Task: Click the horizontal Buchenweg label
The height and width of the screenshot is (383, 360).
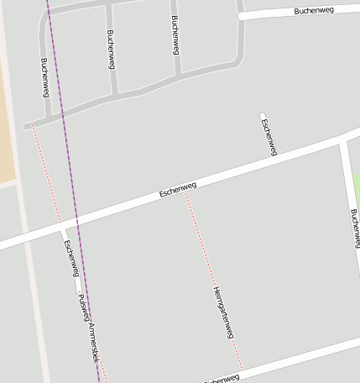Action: [x=315, y=11]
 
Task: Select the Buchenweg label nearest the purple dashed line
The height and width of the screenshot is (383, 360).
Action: [x=44, y=76]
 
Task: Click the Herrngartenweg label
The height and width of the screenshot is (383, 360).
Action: [x=222, y=312]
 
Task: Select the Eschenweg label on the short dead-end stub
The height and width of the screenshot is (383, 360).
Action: [x=269, y=137]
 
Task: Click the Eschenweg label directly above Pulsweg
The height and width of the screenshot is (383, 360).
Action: [x=71, y=258]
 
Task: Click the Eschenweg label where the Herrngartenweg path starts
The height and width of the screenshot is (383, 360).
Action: [x=177, y=190]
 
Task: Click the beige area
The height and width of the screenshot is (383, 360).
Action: [x=7, y=126]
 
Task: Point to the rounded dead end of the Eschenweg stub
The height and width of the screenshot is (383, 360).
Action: [x=263, y=116]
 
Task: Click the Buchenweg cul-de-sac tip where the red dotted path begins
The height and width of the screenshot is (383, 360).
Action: [x=28, y=127]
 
